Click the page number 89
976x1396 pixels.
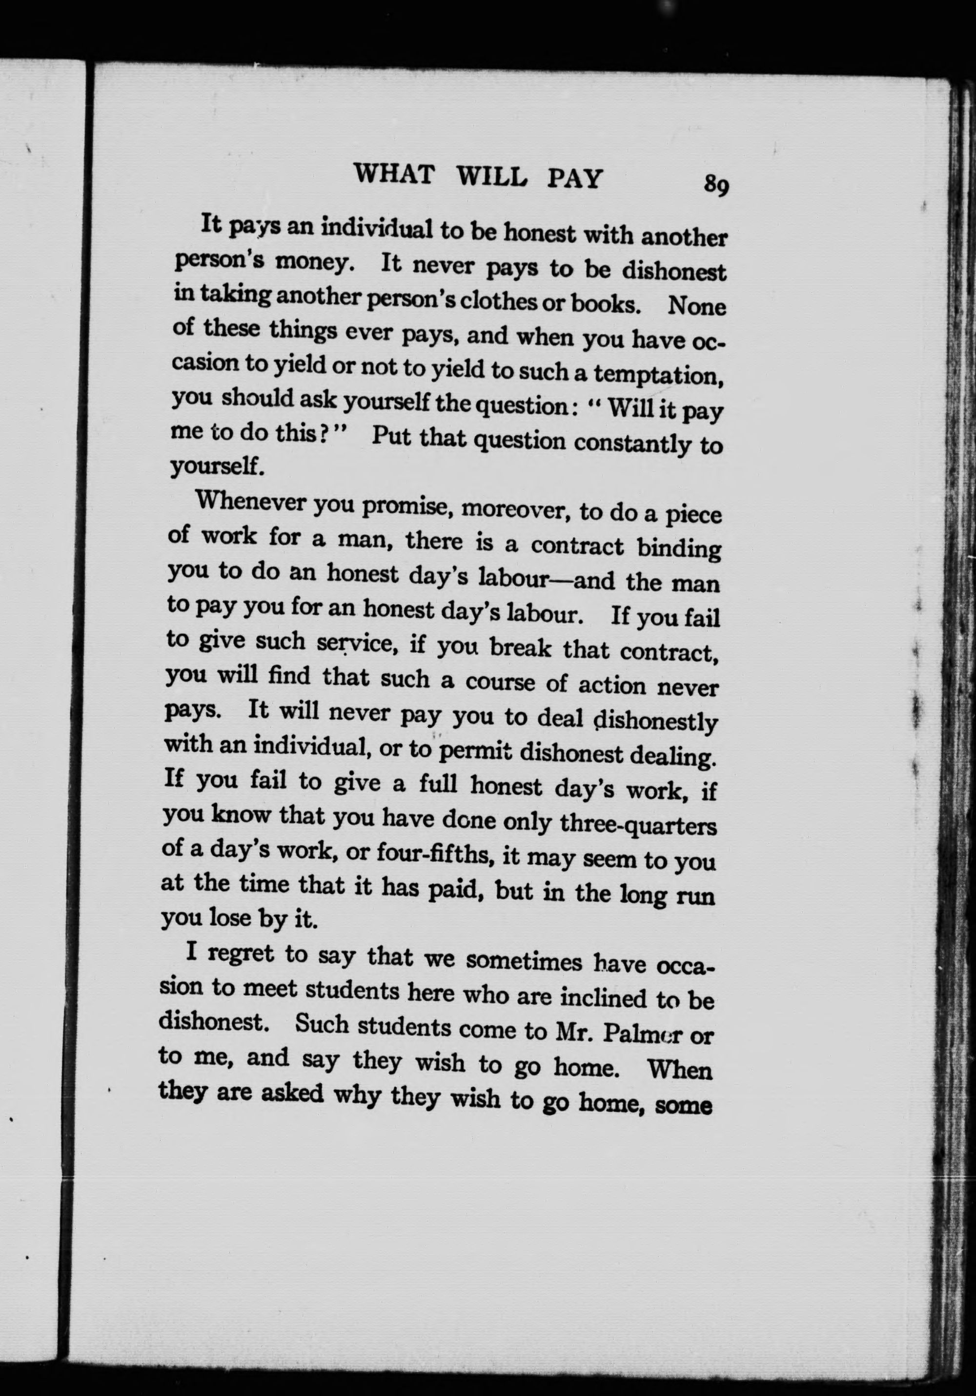pos(716,185)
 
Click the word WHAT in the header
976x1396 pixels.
pos(395,176)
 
